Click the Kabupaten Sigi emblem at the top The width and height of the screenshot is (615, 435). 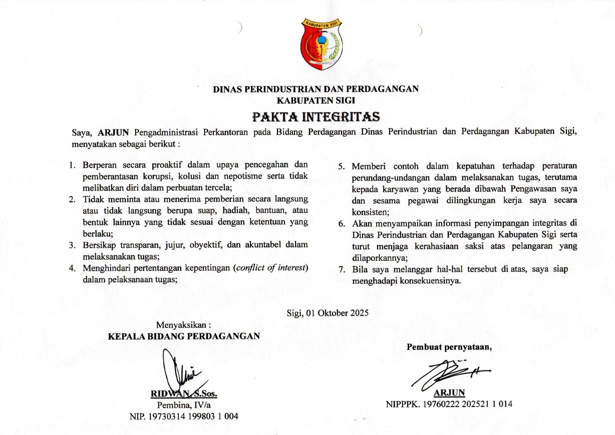point(322,44)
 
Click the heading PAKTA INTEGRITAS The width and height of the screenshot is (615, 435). point(316,117)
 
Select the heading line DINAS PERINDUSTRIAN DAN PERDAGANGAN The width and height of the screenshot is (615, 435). point(316,90)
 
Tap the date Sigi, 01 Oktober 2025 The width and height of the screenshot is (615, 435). point(328,313)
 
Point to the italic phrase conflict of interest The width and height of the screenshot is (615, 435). point(270,268)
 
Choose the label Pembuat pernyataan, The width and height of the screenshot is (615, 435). point(449,347)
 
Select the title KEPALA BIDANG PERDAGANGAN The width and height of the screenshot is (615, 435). point(184,336)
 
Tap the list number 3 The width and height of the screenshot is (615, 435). point(72,245)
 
